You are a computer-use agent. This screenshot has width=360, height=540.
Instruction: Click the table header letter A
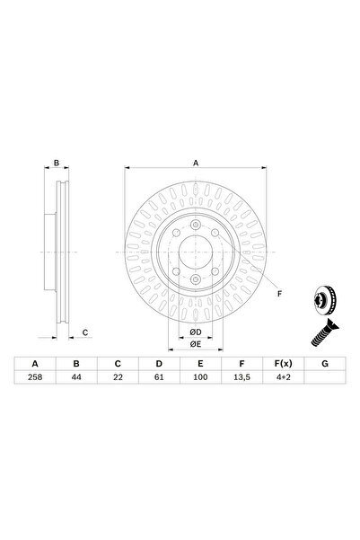[x=36, y=363]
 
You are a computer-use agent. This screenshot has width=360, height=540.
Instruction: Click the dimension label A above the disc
[x=196, y=163]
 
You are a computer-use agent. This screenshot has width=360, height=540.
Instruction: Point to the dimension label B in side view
[x=56, y=164]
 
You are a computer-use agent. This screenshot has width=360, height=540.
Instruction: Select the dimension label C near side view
[x=85, y=332]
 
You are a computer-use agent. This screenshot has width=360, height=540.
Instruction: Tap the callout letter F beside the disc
[x=278, y=294]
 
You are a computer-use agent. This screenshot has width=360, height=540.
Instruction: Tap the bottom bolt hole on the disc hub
[x=195, y=279]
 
